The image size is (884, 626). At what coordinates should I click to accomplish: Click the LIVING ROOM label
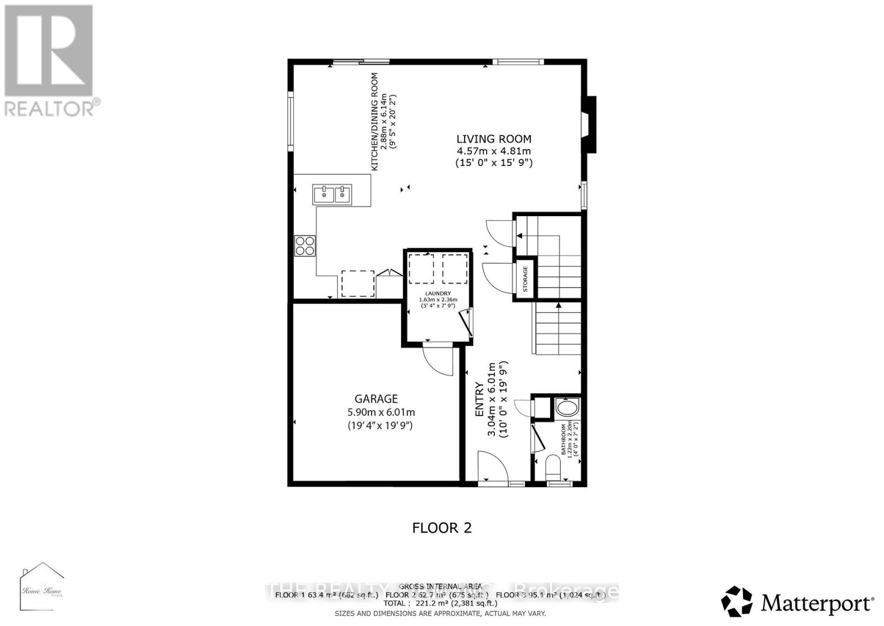tap(493, 139)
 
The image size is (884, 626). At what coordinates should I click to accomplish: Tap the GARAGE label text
tap(376, 399)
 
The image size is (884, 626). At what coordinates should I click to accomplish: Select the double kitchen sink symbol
tap(332, 194)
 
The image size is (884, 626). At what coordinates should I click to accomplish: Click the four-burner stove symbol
tap(305, 246)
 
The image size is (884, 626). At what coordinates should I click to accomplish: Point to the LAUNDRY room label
tap(438, 294)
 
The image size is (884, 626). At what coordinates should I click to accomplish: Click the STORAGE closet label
tap(525, 279)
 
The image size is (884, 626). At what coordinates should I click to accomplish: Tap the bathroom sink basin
tap(565, 409)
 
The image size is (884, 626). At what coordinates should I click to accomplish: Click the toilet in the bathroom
tap(552, 468)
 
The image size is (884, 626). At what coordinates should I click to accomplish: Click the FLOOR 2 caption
tap(442, 528)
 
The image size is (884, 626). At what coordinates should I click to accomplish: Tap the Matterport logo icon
tap(737, 602)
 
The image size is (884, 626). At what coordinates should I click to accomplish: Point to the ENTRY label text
tap(480, 400)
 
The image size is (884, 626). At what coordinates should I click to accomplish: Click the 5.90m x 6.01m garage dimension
tap(381, 413)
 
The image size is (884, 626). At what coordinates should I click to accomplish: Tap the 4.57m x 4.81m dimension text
tap(493, 152)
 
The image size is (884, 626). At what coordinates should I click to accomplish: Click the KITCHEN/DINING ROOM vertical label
tap(375, 122)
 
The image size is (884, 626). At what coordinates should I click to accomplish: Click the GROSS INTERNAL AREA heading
tap(440, 586)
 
